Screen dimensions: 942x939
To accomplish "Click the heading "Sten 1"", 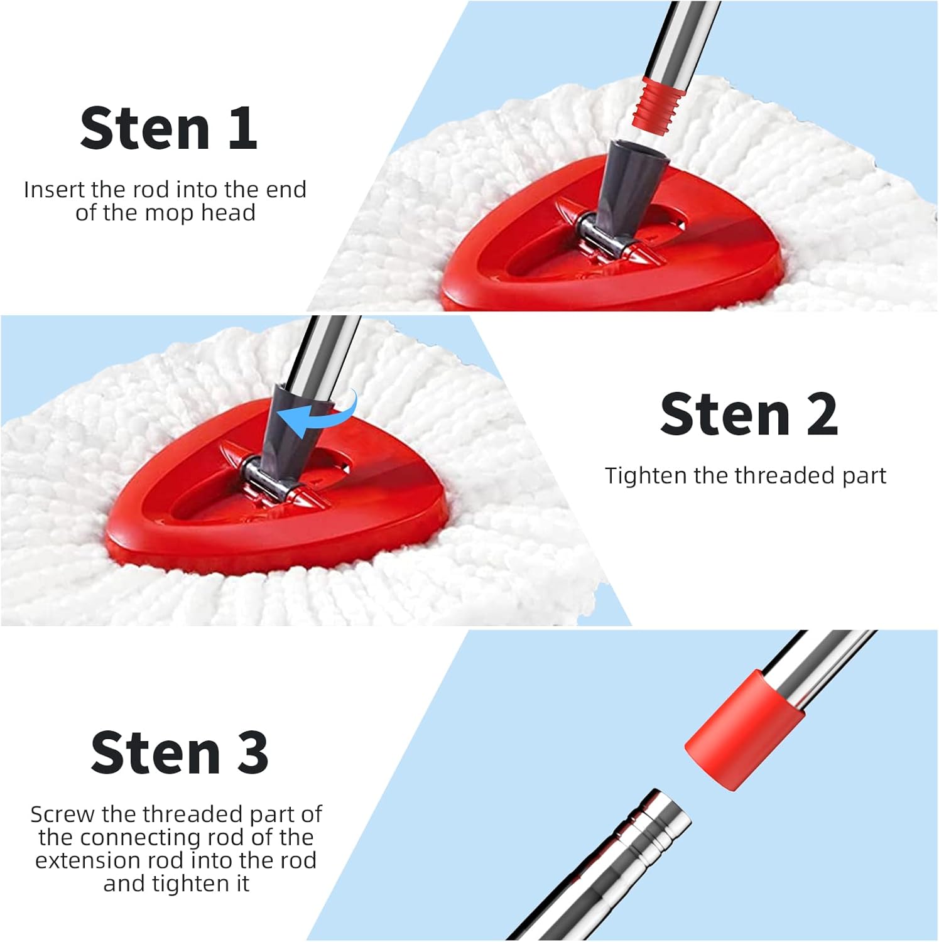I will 168,128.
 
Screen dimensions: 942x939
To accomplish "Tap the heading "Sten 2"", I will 749,414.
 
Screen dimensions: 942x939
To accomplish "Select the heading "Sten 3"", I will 180,752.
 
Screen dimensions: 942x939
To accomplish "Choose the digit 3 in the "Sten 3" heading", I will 252,752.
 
